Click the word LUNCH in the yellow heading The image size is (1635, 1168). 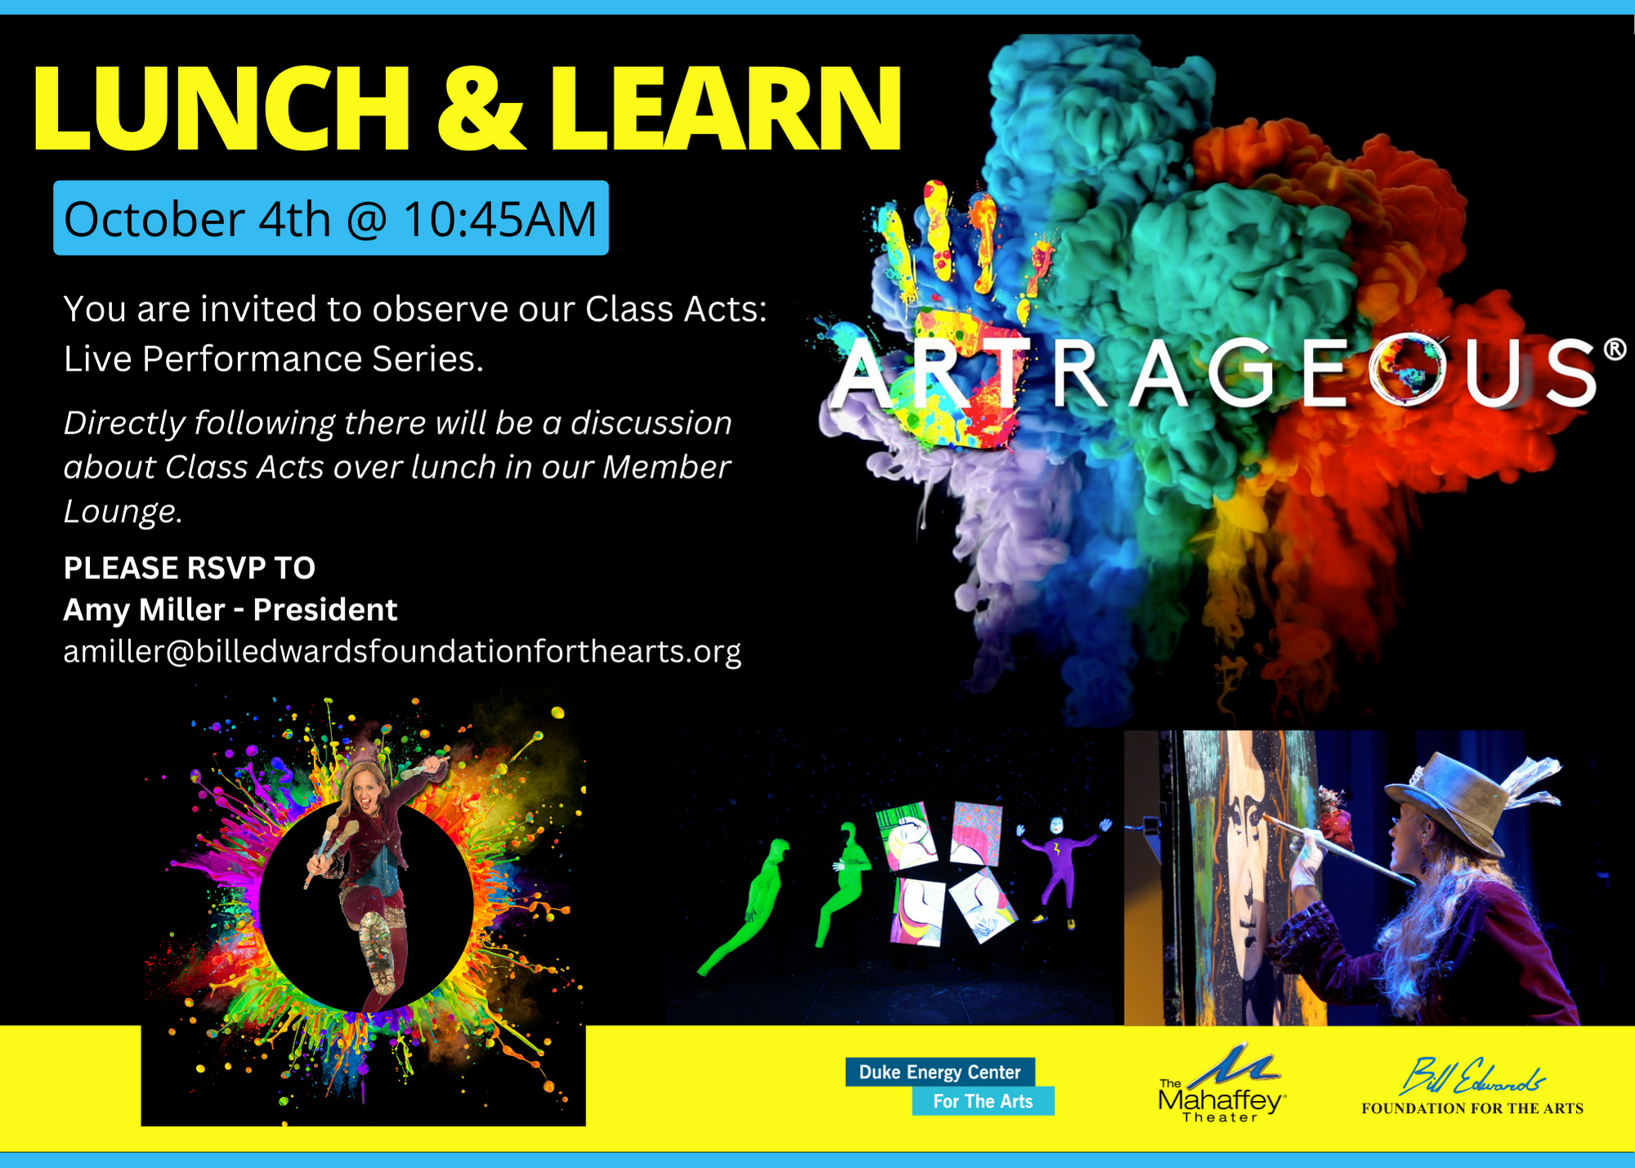tap(221, 108)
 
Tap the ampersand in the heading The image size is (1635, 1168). tap(480, 108)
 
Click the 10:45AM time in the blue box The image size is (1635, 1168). tap(500, 219)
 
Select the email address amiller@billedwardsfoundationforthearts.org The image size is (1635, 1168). tap(402, 652)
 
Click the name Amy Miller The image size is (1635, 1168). tap(144, 610)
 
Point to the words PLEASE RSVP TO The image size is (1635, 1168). tap(190, 568)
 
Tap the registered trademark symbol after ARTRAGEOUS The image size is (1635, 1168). tap(1615, 350)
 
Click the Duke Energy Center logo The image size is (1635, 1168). tap(950, 1086)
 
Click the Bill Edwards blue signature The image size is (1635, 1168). tap(1472, 1076)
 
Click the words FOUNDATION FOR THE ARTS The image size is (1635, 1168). tap(1472, 1109)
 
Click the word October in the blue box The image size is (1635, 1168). tap(155, 219)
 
